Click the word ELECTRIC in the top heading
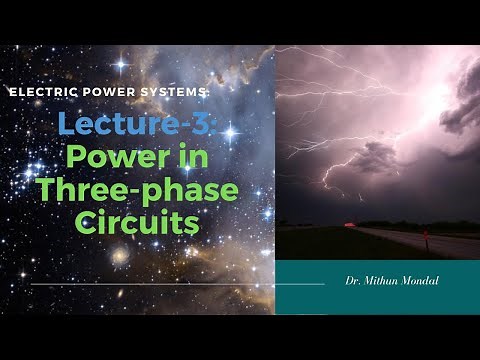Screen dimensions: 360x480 tap(40, 91)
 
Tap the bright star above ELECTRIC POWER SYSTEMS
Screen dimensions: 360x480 tap(122, 65)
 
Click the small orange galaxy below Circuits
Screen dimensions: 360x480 tap(120, 255)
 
